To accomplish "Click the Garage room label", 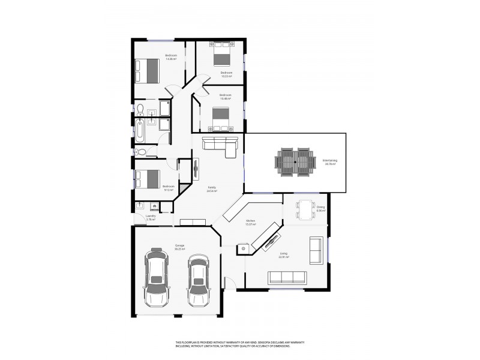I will (179, 245).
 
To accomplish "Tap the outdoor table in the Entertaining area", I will (295, 161).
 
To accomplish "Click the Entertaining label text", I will (329, 160).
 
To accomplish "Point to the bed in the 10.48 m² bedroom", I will (220, 118).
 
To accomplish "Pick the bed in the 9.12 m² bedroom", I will (147, 179).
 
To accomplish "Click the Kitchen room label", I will (251, 221).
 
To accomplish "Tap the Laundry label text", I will (151, 216).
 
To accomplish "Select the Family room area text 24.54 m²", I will (212, 191).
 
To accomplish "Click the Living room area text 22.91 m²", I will (284, 257).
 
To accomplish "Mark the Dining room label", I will (321, 207).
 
